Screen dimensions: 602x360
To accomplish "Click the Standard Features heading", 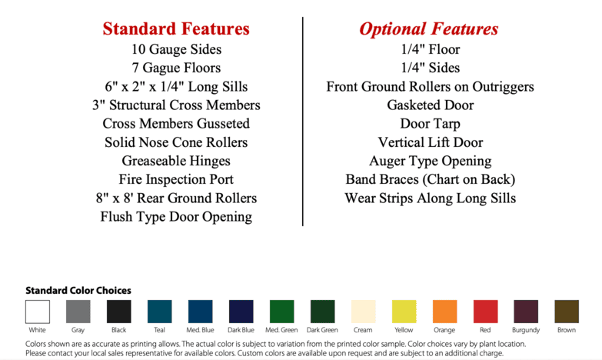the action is [176, 28].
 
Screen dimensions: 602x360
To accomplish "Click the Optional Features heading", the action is [429, 28].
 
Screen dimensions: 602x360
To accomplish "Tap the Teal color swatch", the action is [160, 312].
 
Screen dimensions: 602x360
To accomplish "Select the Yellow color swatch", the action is [404, 312].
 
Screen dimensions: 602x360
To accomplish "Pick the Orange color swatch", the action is [445, 312].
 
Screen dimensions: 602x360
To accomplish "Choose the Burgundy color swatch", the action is [526, 312].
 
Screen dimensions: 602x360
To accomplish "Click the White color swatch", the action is [38, 312].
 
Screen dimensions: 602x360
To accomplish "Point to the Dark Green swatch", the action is [322, 312].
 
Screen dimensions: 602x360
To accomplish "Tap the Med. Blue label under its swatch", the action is [200, 330].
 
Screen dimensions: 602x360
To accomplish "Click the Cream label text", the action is [363, 330].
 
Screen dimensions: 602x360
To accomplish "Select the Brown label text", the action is [567, 330].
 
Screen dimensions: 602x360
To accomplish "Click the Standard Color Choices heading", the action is [78, 291].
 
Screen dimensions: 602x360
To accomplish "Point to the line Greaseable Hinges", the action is [176, 161].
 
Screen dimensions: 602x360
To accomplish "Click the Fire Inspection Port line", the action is [176, 179].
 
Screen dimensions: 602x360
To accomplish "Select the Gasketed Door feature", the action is [431, 105].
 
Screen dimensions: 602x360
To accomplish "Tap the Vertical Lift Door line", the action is [431, 142].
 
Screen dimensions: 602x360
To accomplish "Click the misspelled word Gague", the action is [160, 68].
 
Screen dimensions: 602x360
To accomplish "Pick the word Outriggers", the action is [503, 87].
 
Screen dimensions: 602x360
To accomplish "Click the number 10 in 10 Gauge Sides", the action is [138, 49].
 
